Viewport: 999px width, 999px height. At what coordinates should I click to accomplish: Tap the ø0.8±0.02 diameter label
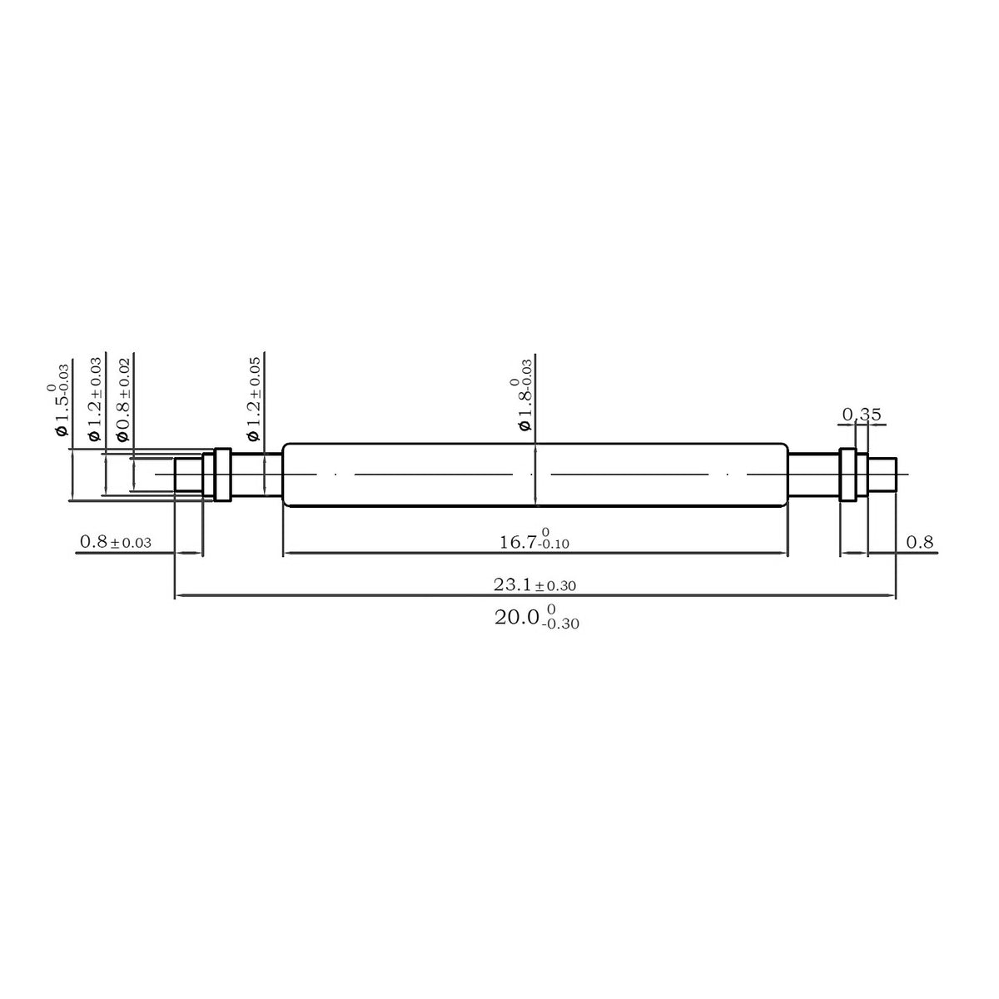click(x=123, y=400)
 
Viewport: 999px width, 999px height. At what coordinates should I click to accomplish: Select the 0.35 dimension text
click(x=862, y=414)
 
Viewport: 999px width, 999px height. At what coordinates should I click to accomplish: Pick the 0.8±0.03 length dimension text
click(x=115, y=542)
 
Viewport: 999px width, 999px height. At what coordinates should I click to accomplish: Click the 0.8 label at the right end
click(x=919, y=542)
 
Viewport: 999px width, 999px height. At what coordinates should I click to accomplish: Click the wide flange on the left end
click(x=222, y=475)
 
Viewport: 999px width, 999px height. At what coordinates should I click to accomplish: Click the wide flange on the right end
click(x=847, y=475)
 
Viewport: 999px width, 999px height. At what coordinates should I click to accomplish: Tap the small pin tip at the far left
click(x=188, y=475)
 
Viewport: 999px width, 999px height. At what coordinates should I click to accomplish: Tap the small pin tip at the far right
click(x=882, y=475)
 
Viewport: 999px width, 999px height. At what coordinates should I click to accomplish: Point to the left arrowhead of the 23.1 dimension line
click(x=176, y=596)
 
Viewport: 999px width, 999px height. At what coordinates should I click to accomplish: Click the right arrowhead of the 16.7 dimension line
click(x=785, y=552)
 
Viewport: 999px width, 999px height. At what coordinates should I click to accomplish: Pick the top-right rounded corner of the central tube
click(x=784, y=446)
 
